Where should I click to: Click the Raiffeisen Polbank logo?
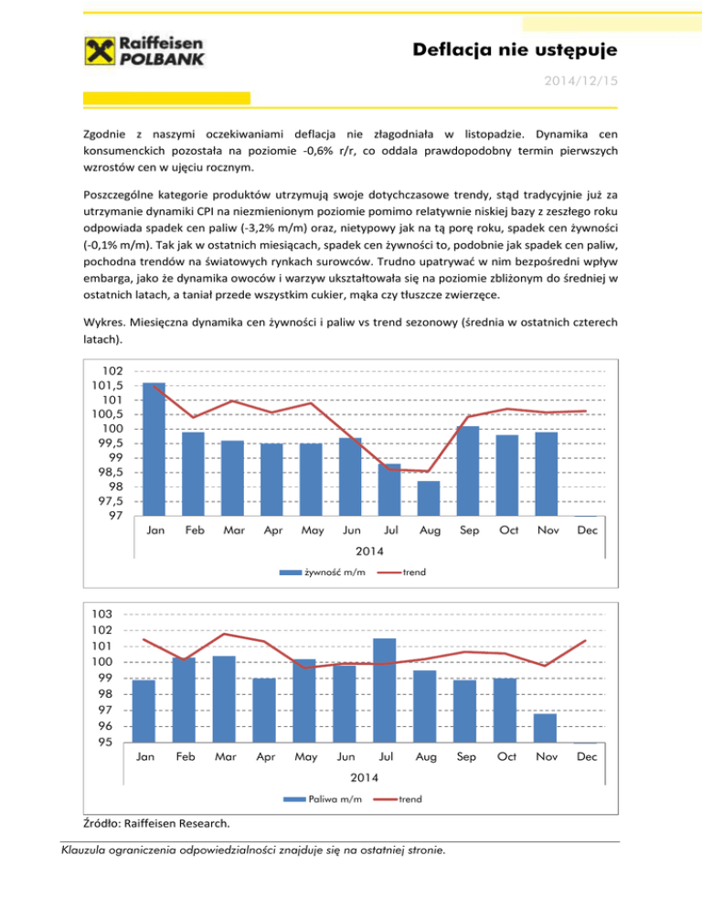click(x=144, y=51)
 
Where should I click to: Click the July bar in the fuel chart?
click(x=384, y=690)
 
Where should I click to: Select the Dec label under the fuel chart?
click(x=588, y=757)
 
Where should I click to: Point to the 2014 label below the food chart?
click(x=370, y=551)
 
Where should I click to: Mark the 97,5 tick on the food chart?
click(x=113, y=501)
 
